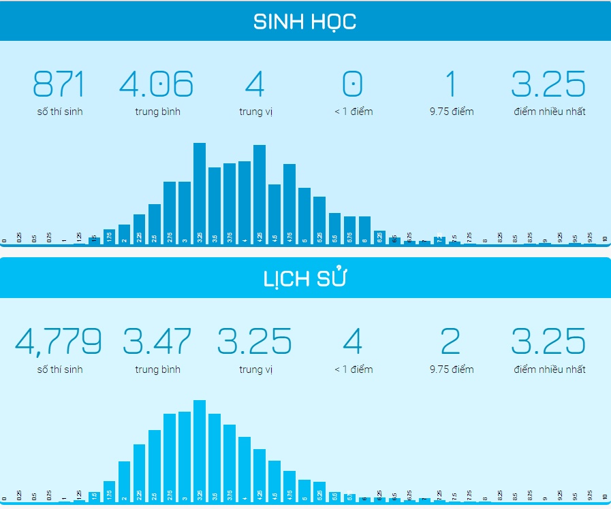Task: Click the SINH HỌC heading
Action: tap(304, 22)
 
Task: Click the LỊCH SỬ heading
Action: tap(304, 279)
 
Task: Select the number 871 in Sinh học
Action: tap(59, 84)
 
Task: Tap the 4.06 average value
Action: tap(157, 84)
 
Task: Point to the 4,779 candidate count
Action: tap(59, 342)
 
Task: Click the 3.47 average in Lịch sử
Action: tap(157, 342)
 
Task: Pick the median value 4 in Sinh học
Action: tap(255, 84)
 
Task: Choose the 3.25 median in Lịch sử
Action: tap(255, 342)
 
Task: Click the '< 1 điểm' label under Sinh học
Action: tap(353, 112)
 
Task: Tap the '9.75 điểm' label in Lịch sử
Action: tap(451, 370)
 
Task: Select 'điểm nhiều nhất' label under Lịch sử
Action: tap(548, 370)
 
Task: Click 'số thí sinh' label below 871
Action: tap(59, 112)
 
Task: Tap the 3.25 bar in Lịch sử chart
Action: tap(200, 449)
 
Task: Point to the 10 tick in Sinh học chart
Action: tap(604, 240)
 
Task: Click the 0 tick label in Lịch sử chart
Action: tap(5, 497)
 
